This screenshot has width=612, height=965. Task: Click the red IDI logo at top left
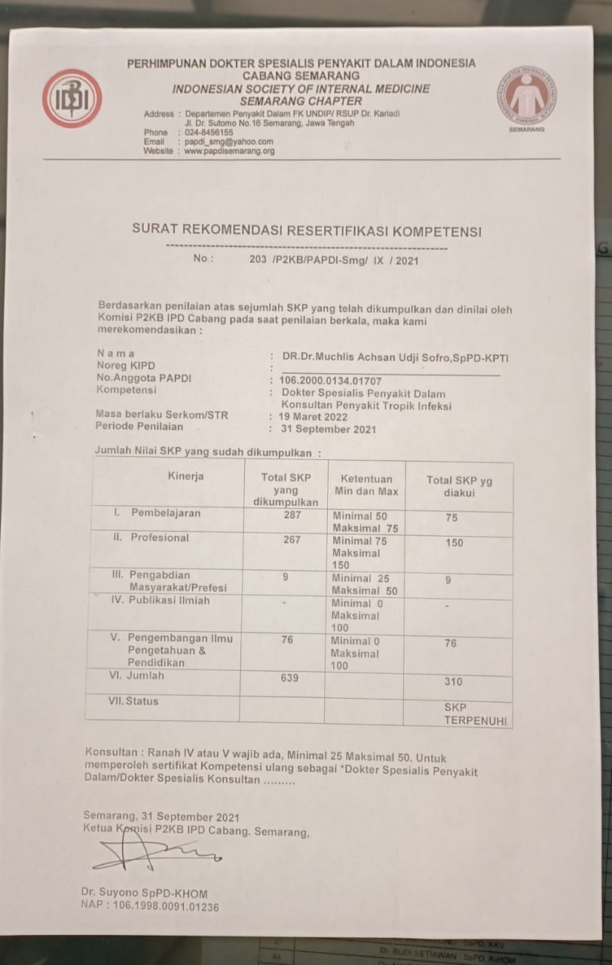[x=72, y=99]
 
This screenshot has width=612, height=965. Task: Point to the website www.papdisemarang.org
[x=229, y=151]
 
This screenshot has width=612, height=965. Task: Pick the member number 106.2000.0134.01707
[x=331, y=380]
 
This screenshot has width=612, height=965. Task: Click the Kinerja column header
[x=185, y=476]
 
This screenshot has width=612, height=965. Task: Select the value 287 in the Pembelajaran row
[x=292, y=515]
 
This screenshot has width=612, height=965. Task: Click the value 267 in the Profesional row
[x=292, y=540]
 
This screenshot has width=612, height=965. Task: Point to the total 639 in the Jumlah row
[x=289, y=678]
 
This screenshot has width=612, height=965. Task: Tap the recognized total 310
[x=453, y=682]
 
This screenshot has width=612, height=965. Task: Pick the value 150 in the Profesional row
[x=454, y=543]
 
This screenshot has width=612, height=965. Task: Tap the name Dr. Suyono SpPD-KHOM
[x=144, y=893]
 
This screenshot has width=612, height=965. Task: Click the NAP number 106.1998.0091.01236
[x=149, y=906]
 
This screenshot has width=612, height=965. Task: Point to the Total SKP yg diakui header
[x=459, y=486]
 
